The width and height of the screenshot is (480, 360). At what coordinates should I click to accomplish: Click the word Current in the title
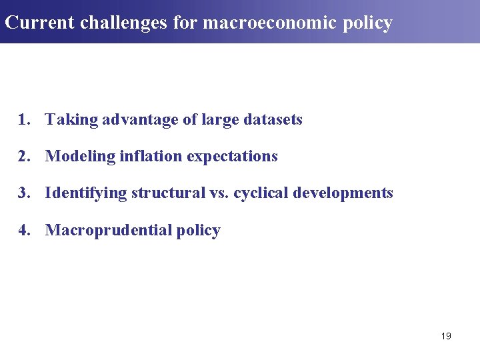(x=39, y=23)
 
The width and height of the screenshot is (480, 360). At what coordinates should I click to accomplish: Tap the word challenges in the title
(x=125, y=23)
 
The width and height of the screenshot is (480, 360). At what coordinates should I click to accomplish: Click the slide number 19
(x=446, y=336)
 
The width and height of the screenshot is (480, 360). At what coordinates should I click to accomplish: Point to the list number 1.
(x=23, y=120)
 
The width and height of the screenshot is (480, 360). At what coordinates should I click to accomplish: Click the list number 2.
(x=23, y=157)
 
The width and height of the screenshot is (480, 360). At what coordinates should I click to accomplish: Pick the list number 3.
(x=23, y=193)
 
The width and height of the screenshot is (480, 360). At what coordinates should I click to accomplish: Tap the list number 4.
(x=23, y=231)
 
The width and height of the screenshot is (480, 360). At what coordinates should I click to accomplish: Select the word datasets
(x=273, y=120)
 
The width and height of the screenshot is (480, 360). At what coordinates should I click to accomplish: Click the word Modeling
(x=80, y=157)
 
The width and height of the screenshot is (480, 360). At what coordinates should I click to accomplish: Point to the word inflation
(x=151, y=157)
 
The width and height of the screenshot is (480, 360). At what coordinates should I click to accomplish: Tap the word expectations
(x=232, y=157)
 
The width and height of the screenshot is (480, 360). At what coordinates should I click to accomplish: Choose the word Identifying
(x=85, y=193)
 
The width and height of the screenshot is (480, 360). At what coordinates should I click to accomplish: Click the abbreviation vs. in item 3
(x=218, y=193)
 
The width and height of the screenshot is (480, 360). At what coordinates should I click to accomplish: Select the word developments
(x=343, y=193)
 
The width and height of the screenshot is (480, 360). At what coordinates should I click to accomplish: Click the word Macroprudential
(x=108, y=231)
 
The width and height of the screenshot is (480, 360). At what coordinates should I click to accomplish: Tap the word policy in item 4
(x=198, y=231)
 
